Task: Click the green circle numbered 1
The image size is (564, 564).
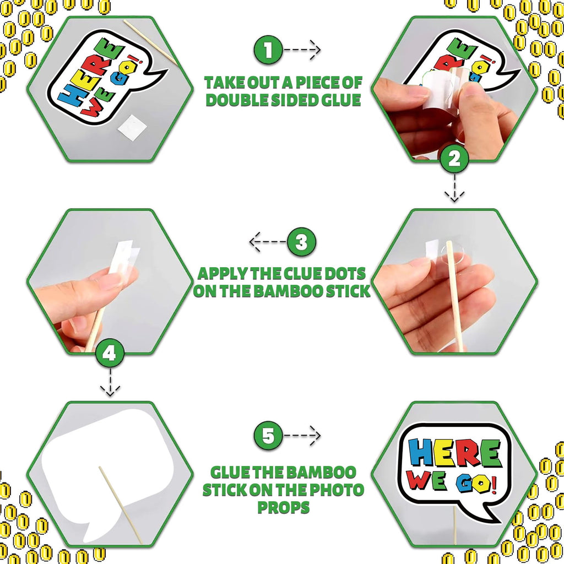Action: click(268, 50)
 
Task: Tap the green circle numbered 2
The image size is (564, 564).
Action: click(454, 159)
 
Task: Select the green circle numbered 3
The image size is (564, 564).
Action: click(301, 242)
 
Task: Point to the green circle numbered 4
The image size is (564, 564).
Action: click(110, 353)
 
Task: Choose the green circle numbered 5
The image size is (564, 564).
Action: click(268, 436)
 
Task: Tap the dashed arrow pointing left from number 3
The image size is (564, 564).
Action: click(268, 242)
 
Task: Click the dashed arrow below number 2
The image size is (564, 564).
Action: click(454, 188)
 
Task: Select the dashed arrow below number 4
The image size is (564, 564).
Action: click(110, 382)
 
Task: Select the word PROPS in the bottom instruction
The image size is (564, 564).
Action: click(284, 507)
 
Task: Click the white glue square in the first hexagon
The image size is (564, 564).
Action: click(132, 128)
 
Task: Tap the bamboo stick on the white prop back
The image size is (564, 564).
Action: click(121, 505)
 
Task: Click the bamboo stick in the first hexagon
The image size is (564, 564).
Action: click(150, 42)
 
